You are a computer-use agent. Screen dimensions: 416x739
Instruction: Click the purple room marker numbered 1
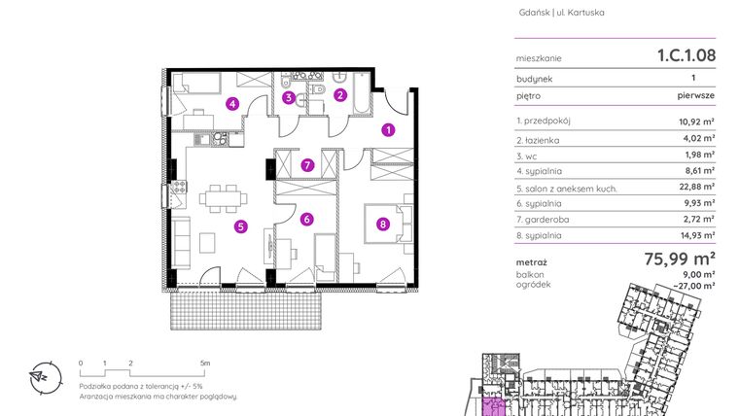click(387, 128)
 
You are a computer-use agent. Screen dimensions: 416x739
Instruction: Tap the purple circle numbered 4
click(232, 103)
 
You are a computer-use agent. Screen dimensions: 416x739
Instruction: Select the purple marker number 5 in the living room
click(240, 226)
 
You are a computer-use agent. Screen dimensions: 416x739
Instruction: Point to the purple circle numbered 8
click(382, 225)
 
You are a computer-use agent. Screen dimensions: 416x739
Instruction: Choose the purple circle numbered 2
click(340, 94)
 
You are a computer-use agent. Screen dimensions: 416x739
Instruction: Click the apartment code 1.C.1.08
click(686, 56)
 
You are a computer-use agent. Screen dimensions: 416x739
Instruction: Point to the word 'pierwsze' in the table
click(696, 96)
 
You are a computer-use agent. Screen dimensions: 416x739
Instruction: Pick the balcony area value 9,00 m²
click(698, 274)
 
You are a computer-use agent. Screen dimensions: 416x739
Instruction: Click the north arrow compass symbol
click(40, 375)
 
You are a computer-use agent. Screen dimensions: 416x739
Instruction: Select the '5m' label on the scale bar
click(205, 363)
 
